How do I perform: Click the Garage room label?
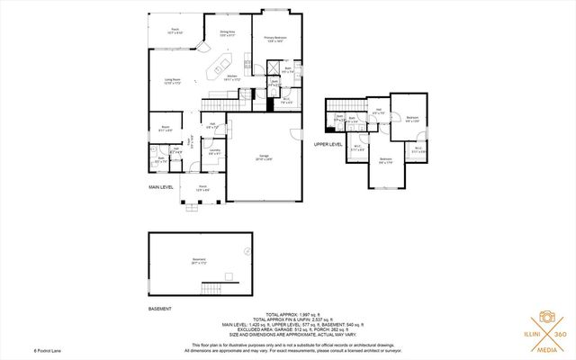(265, 157)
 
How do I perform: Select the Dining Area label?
(228, 34)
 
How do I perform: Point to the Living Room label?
(173, 82)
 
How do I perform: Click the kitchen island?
(216, 67)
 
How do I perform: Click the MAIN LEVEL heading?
(162, 186)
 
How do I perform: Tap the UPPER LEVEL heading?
(328, 143)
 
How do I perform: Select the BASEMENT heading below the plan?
(160, 307)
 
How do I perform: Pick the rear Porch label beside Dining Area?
(175, 31)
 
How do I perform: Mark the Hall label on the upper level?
(379, 111)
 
